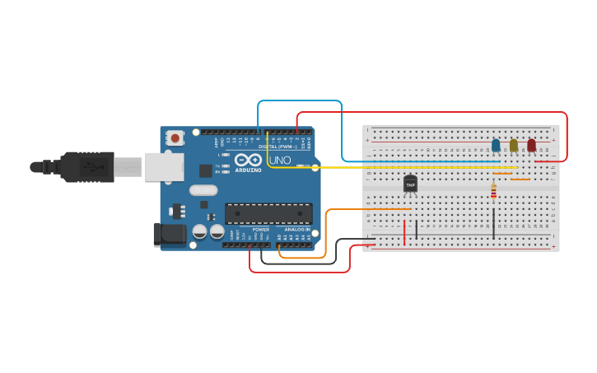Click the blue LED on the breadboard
[496, 145]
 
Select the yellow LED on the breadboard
[514, 145]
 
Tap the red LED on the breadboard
[531, 145]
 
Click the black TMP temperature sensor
[410, 184]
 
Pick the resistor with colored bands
[493, 191]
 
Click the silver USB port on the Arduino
[163, 167]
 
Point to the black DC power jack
[170, 235]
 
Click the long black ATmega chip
[268, 213]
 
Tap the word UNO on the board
[280, 161]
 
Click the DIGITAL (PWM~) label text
[279, 147]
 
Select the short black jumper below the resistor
[493, 222]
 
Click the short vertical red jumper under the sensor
[404, 231]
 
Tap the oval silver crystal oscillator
[203, 190]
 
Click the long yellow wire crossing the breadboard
[412, 168]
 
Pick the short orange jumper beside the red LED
[520, 179]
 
